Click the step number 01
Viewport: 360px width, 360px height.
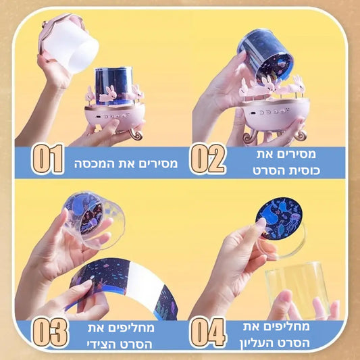48,159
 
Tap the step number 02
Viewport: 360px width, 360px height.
207,159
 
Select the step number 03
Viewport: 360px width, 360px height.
50,332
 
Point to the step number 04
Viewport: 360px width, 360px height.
207,332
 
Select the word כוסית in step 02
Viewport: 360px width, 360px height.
304,171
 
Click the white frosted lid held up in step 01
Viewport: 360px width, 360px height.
69,44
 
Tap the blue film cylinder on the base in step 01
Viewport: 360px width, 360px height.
113,85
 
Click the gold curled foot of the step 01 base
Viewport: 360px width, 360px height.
136,134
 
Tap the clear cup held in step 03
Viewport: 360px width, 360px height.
94,220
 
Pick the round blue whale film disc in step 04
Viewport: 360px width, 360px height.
279,218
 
